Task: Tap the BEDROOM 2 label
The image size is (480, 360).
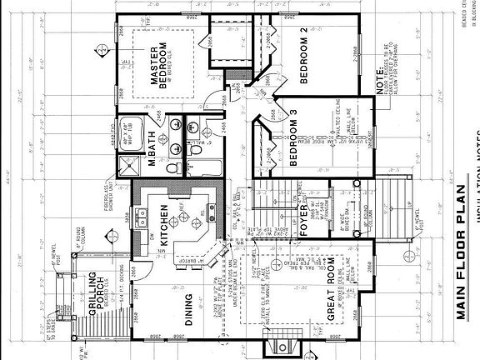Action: click(310, 65)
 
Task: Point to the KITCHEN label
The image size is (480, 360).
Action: click(165, 226)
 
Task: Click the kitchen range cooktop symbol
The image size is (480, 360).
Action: click(201, 222)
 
